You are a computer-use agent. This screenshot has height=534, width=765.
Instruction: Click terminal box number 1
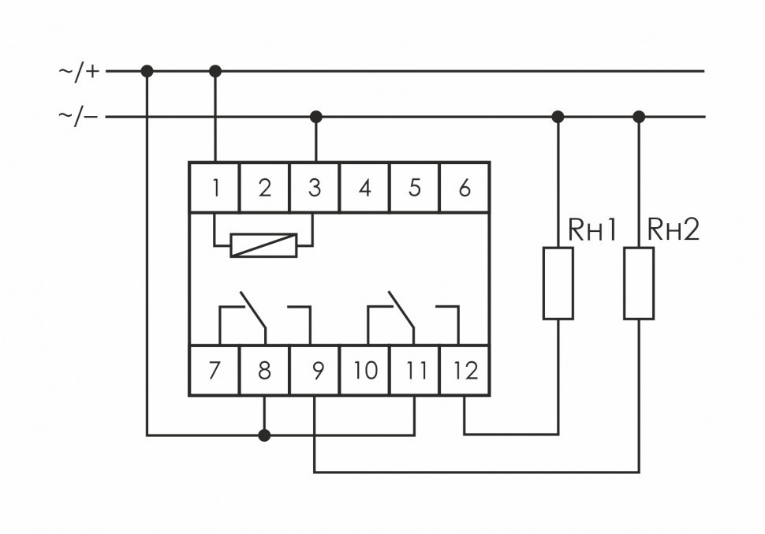215,188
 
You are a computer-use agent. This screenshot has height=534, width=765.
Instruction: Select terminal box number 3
315,188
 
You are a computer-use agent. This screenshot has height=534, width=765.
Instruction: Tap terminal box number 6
465,188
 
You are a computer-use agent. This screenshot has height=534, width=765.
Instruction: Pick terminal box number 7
215,370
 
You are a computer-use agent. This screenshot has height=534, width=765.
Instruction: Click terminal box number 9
315,370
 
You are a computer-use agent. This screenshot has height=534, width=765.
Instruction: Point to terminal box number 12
465,370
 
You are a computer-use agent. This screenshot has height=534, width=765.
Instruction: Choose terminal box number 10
364,370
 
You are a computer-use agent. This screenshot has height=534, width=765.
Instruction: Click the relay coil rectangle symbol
263,245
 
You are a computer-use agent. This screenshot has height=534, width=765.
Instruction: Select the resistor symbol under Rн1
558,283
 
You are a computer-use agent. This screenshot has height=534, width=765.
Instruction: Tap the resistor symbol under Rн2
639,283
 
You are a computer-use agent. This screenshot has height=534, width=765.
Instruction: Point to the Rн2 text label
673,230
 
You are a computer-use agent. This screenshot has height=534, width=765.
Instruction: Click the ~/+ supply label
80,71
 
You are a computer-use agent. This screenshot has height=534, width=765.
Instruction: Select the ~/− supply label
80,117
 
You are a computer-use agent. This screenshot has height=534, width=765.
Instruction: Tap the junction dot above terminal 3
316,117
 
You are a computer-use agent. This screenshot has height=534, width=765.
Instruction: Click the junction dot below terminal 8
264,435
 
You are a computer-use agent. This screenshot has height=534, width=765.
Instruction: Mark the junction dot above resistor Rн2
639,117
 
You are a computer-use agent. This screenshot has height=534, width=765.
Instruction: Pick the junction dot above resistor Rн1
558,117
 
